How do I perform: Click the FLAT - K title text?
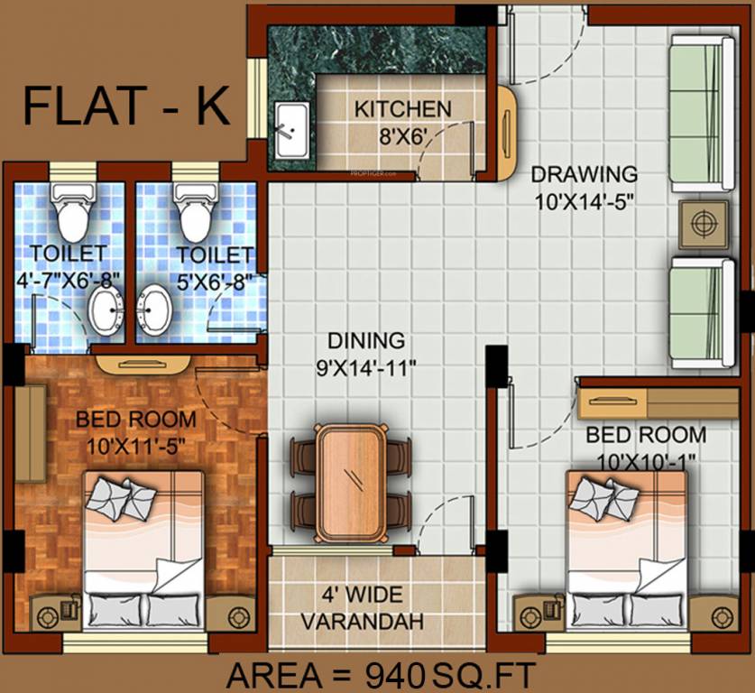pos(126,105)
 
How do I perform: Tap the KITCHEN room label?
pos(402,109)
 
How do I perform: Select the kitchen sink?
pos(290,129)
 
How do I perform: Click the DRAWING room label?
pos(584,173)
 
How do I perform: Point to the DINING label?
pos(365,341)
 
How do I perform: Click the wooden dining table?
pos(351,483)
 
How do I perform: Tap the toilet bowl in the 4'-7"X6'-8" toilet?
pos(71,211)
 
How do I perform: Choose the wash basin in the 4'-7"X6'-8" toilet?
pos(106,311)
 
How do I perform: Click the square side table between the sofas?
pos(704,224)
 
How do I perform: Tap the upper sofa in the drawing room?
pos(702,113)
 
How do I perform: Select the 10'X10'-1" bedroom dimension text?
pos(646,460)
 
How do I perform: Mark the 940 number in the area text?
pos(393,674)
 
